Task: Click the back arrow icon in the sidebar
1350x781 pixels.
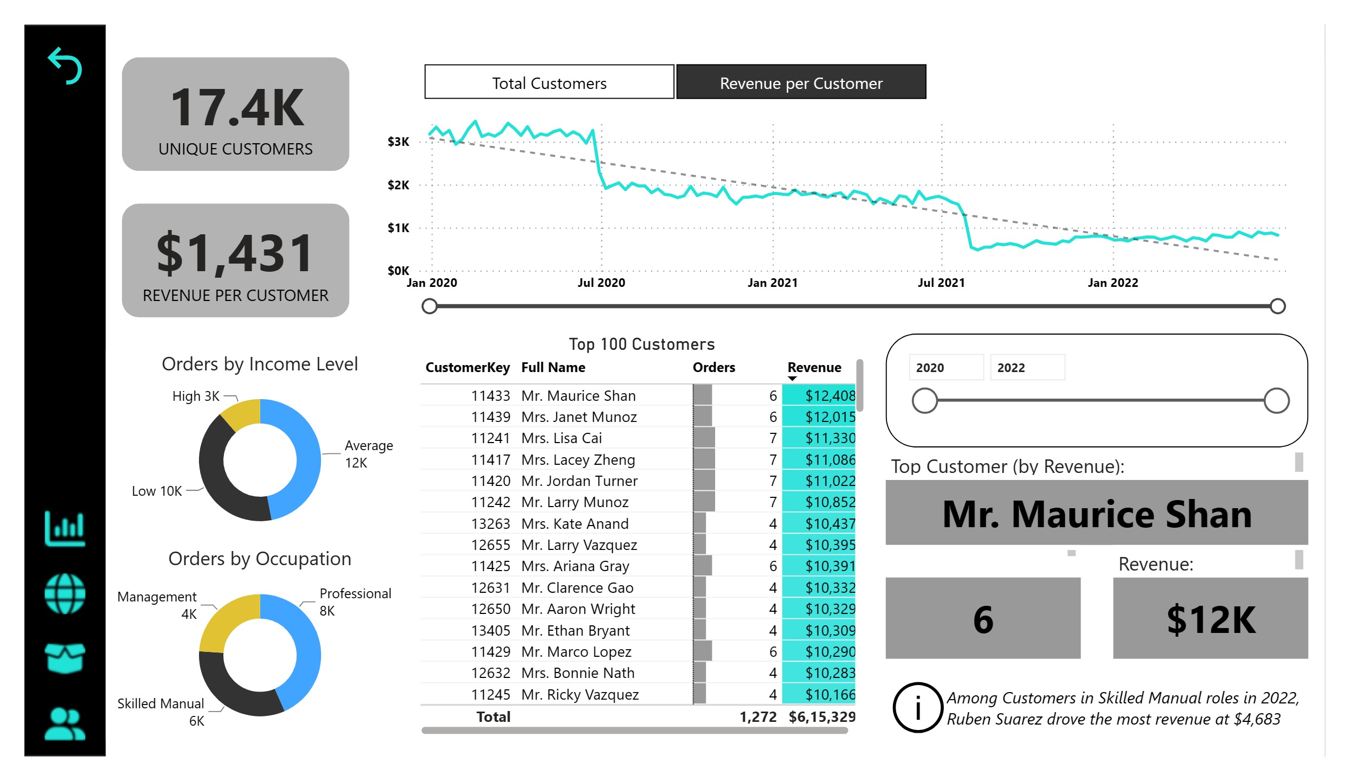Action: click(x=65, y=66)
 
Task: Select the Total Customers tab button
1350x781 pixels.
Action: click(x=549, y=82)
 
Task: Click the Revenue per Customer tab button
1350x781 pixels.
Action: click(x=801, y=82)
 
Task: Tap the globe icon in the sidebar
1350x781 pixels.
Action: click(x=65, y=593)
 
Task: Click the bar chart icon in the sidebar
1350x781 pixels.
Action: click(x=65, y=528)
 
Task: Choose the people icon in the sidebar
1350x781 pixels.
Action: click(x=65, y=724)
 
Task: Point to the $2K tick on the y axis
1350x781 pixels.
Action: click(x=398, y=185)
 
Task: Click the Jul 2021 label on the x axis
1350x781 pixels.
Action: click(x=941, y=283)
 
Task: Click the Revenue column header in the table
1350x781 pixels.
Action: click(x=814, y=367)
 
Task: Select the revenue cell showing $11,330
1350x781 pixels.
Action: click(x=830, y=438)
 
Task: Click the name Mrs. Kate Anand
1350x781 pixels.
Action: click(x=575, y=523)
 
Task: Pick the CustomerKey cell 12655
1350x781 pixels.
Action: click(x=490, y=545)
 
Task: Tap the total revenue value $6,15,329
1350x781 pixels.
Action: click(x=822, y=716)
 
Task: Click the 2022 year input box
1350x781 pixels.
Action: click(x=1027, y=367)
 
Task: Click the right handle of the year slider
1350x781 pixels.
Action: click(x=1276, y=401)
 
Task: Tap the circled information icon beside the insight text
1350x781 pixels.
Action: click(x=917, y=708)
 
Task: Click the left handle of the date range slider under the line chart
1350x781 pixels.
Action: click(x=429, y=306)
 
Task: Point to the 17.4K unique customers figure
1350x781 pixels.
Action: click(x=237, y=108)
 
